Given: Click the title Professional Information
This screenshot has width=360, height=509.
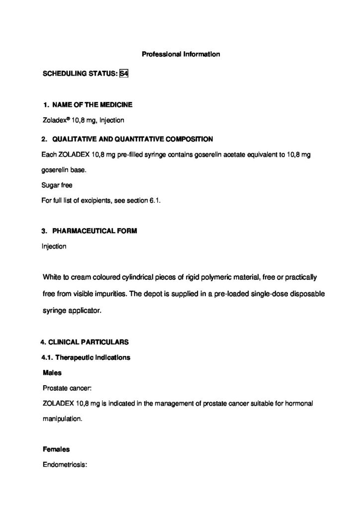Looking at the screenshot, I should [x=180, y=54].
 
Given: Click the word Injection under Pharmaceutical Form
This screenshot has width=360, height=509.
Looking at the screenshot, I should [x=54, y=247].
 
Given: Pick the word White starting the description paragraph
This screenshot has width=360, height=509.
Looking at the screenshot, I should [x=52, y=276].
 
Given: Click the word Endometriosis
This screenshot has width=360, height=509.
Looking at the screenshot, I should [x=65, y=465].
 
